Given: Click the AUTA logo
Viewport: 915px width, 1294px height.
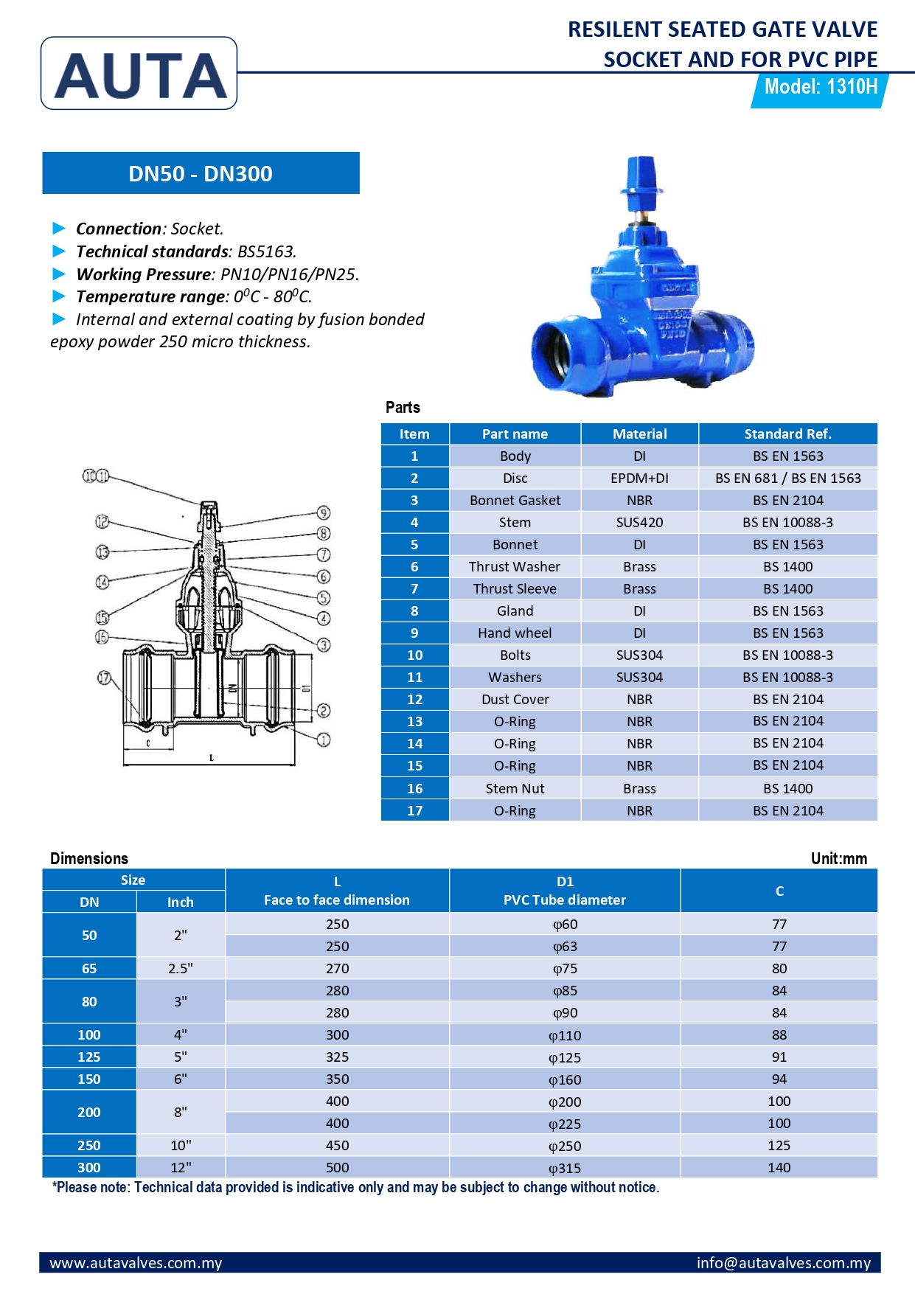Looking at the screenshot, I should (x=139, y=74).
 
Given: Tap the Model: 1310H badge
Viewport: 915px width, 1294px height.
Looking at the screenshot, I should (x=820, y=88).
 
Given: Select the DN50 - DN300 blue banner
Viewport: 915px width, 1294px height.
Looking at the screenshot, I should (x=201, y=173).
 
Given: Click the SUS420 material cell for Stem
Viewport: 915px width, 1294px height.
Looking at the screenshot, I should (x=639, y=523).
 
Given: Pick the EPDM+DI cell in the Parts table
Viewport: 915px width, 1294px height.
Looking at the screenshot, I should (x=639, y=479).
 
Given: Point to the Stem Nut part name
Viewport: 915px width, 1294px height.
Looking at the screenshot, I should (x=515, y=788).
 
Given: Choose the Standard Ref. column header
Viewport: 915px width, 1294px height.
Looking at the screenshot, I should (x=787, y=434).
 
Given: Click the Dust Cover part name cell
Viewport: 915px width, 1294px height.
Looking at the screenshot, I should (x=515, y=700).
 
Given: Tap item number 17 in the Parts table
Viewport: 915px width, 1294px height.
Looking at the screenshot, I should (x=414, y=810).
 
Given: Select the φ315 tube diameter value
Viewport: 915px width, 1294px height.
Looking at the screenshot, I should (x=565, y=1168).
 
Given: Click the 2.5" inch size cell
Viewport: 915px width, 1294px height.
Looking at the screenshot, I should (x=181, y=969).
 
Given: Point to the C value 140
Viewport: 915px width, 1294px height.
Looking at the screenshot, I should (x=779, y=1168).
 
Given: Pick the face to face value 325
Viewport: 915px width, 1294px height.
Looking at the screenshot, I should (x=337, y=1057).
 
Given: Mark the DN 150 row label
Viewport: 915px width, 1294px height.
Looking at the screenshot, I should (x=89, y=1079).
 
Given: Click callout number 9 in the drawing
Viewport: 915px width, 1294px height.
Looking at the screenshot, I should (x=323, y=513).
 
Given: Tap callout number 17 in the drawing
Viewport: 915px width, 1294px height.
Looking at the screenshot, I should (x=105, y=678).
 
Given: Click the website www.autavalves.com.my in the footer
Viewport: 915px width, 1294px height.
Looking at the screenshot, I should (x=136, y=1263).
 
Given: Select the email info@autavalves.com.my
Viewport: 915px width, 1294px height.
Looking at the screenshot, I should (x=783, y=1263).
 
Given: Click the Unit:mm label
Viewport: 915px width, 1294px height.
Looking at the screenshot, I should (x=838, y=858).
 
